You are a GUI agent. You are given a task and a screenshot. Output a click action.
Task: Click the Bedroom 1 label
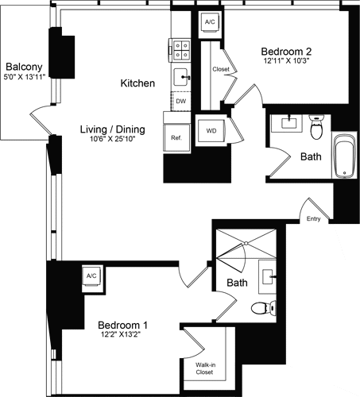pyautogui.click(x=122, y=325)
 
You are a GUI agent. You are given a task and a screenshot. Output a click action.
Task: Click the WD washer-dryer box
pyautogui.click(x=212, y=130)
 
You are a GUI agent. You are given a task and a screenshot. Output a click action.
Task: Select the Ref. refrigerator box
pyautogui.click(x=176, y=137)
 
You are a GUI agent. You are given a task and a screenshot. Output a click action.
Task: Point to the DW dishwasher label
pyautogui.click(x=181, y=102)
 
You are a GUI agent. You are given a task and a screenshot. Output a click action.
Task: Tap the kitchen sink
pyautogui.click(x=182, y=78)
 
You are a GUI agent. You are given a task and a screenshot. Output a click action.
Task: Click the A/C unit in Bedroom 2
pyautogui.click(x=210, y=23)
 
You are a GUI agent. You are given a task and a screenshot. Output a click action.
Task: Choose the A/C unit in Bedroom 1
pyautogui.click(x=91, y=276)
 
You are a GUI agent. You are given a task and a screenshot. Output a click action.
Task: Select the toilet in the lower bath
pyautogui.click(x=261, y=308)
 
